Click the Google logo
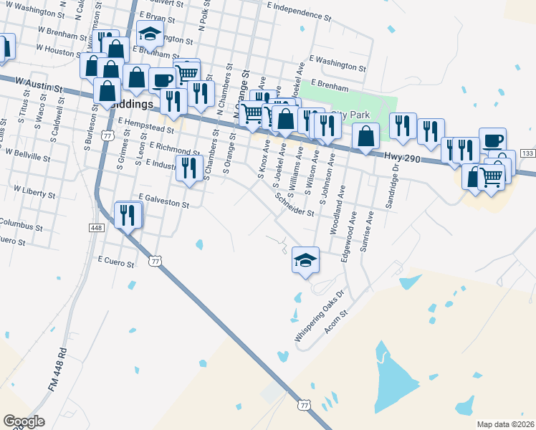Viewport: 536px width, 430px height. (x=24, y=421)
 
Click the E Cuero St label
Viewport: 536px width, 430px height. (x=115, y=262)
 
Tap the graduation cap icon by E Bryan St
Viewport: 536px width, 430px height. (x=150, y=34)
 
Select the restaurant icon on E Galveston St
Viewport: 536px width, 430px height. (x=128, y=215)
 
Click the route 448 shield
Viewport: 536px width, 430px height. (x=97, y=227)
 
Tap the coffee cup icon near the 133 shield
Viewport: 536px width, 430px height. (x=492, y=140)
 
